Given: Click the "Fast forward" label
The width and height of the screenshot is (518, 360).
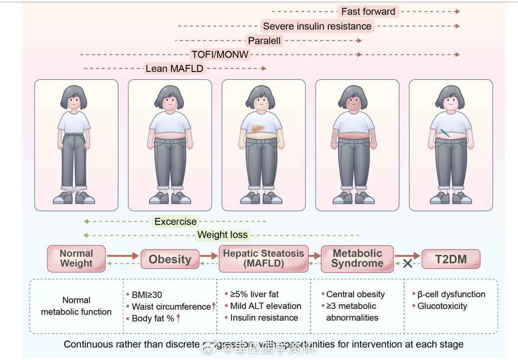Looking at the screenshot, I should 368,11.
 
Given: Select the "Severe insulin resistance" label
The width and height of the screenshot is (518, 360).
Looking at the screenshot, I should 317,26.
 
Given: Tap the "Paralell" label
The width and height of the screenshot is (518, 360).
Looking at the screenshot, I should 264,41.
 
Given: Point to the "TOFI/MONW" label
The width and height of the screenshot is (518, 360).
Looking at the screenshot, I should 220,54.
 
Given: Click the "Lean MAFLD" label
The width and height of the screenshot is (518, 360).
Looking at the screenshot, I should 174,68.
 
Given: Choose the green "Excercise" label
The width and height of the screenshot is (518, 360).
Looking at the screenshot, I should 175,222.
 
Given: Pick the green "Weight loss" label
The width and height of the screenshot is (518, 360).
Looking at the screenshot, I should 223,235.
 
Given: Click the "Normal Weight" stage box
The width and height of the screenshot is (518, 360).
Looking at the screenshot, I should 76,258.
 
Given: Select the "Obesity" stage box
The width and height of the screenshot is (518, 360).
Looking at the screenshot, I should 170,259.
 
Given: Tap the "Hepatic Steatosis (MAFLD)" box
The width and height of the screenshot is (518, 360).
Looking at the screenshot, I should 263,259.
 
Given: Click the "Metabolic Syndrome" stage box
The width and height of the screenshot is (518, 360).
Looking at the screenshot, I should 357,259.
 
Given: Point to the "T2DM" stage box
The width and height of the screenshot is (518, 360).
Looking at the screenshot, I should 450,259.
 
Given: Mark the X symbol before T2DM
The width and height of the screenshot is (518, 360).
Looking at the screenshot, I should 407,264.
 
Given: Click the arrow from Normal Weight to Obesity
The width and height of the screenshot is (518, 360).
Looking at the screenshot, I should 123,255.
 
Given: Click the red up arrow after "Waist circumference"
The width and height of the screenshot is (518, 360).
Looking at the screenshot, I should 214,306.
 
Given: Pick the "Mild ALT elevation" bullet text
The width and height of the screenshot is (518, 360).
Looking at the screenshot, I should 266,306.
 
